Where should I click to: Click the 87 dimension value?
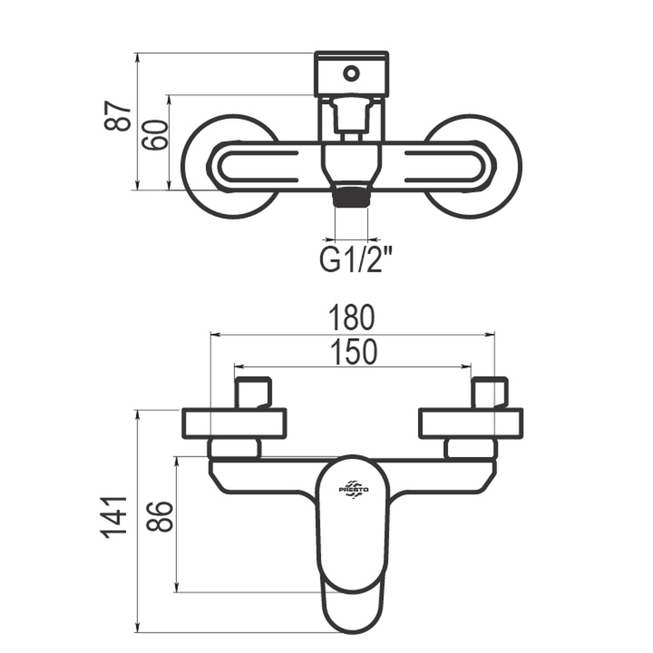(117, 116)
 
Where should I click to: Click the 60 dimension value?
(155, 135)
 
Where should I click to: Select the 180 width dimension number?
(352, 318)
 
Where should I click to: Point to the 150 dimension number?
(353, 352)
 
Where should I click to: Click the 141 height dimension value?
(113, 518)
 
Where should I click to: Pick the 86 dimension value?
(159, 517)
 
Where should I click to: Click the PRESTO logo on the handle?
(353, 488)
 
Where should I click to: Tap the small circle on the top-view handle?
(351, 74)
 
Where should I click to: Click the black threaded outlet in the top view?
(351, 196)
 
